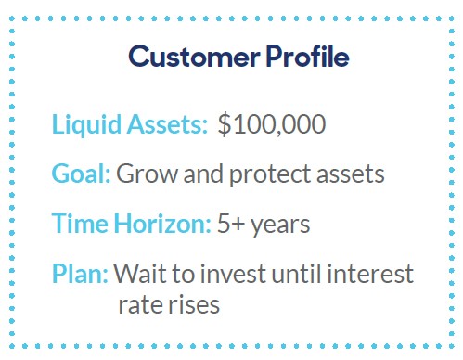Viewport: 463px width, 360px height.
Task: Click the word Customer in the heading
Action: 194,57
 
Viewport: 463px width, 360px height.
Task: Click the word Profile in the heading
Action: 307,56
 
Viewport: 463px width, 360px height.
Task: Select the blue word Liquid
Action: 86,125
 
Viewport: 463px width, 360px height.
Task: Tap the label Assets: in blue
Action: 167,124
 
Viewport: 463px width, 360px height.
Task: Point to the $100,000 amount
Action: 272,124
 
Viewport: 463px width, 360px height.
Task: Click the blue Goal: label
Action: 81,174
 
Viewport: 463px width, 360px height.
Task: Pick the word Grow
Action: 147,174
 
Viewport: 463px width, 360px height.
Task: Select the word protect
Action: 270,174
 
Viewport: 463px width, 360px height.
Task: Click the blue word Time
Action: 80,224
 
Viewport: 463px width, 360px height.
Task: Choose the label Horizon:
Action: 162,224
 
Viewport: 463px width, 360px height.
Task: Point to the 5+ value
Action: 231,224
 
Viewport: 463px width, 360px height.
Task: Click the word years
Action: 280,225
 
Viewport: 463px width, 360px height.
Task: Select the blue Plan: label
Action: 80,274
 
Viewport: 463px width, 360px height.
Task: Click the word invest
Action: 233,274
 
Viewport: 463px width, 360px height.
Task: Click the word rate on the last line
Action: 137,305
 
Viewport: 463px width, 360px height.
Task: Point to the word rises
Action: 190,305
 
